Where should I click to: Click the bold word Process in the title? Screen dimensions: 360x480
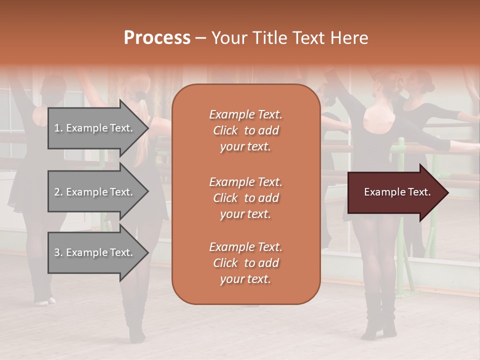(157, 38)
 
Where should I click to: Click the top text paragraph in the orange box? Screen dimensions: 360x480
(245, 130)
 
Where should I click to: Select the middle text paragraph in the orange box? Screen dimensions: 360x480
(245, 198)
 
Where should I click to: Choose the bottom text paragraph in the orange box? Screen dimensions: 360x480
(245, 263)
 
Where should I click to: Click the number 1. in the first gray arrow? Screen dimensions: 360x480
(58, 128)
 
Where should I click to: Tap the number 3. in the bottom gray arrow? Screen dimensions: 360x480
(58, 252)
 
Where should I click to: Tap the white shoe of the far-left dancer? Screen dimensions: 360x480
(44, 301)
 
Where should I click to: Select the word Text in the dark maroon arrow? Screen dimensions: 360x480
(419, 192)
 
